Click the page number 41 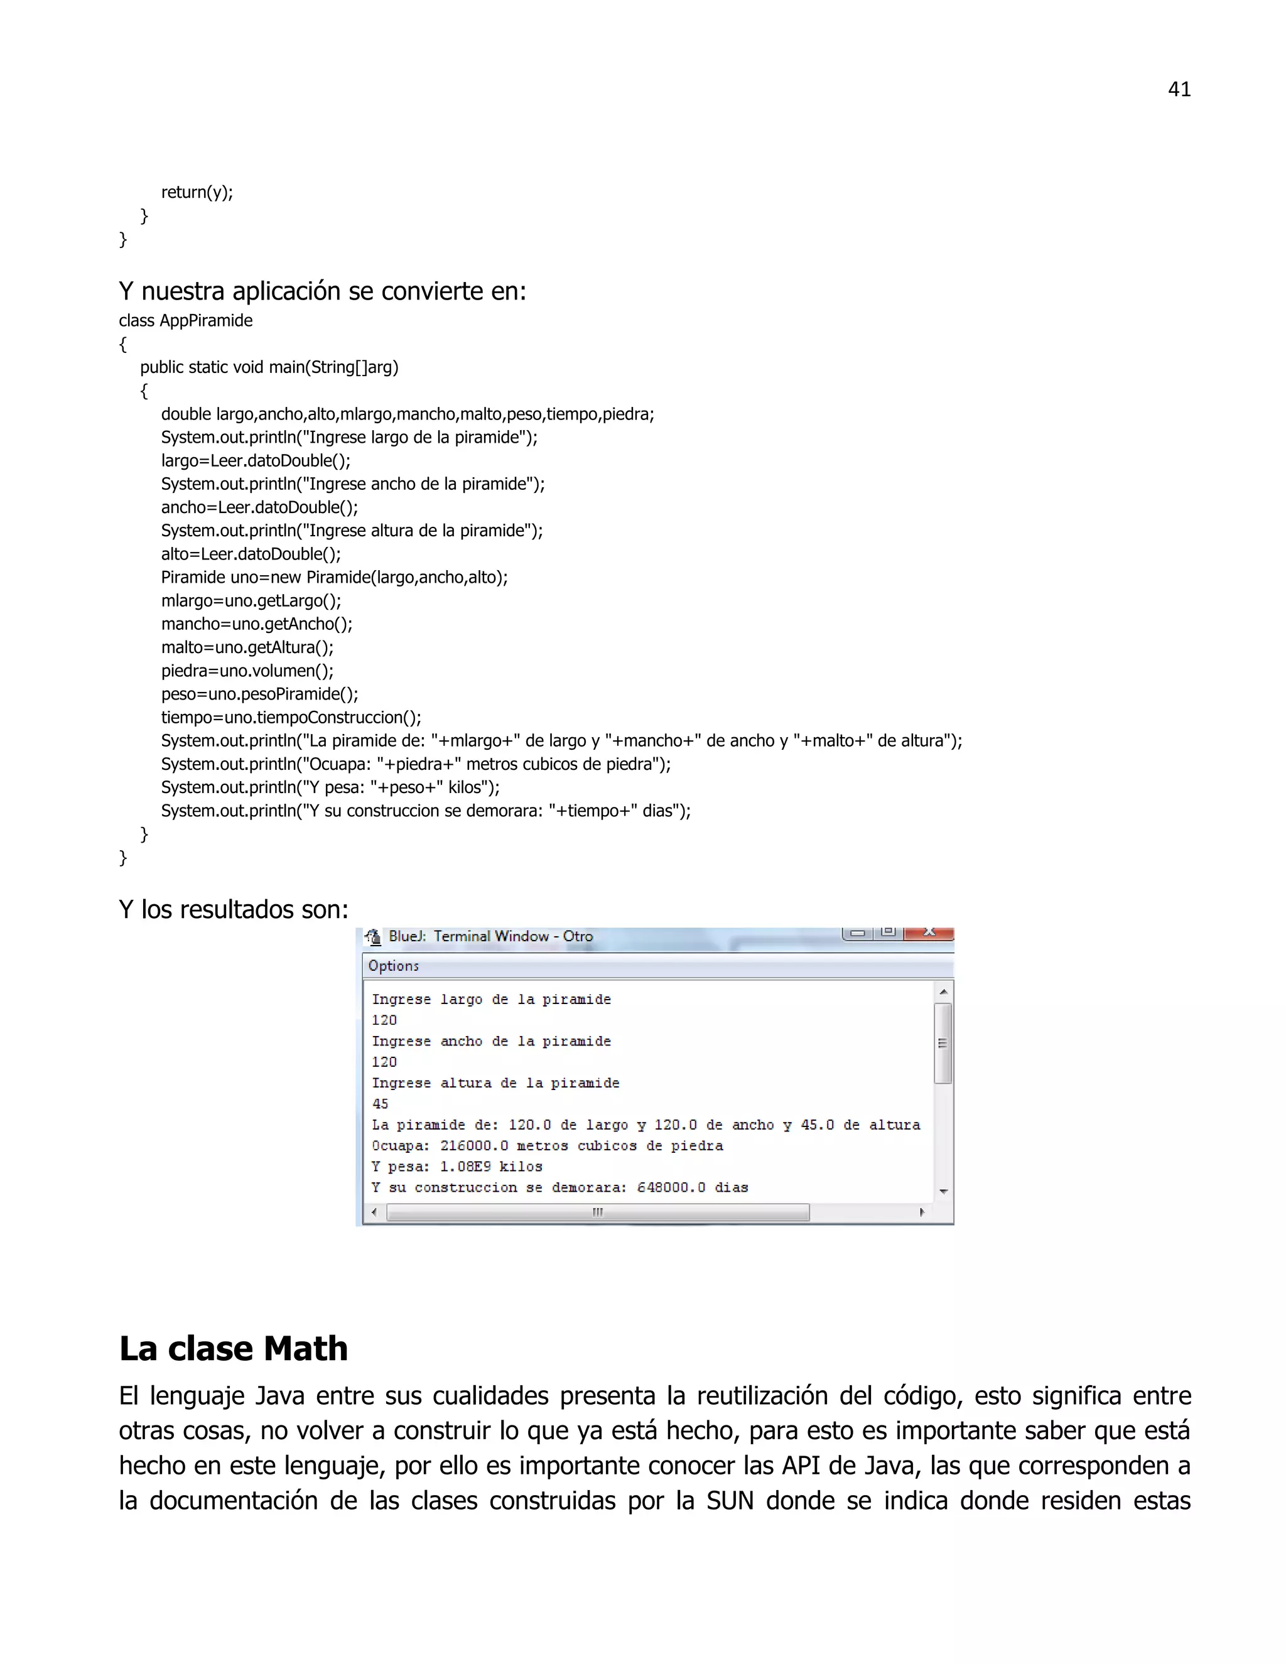[1179, 90]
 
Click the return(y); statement [197, 192]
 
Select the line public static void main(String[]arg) [269, 367]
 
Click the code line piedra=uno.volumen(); [247, 671]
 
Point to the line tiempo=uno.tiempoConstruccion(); [290, 717]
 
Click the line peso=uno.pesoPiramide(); [259, 694]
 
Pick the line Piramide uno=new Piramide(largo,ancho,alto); [333, 578]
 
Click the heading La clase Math [233, 1349]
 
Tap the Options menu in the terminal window [393, 966]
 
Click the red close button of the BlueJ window [929, 932]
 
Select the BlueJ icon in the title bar [372, 936]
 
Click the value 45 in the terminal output [380, 1104]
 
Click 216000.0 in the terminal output [474, 1146]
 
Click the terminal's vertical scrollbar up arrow [943, 992]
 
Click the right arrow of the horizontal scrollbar [922, 1212]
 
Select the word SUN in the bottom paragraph [730, 1500]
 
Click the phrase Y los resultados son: [233, 910]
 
